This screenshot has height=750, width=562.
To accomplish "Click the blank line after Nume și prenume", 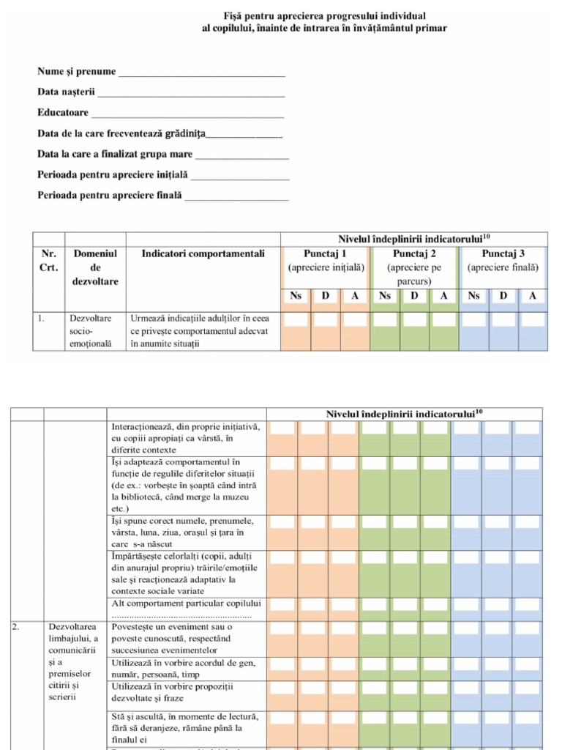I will pos(201,74).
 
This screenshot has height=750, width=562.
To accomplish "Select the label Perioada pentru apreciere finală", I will pos(110,196).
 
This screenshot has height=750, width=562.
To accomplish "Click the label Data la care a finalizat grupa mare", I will pos(115,155).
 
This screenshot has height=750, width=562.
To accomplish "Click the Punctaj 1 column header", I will pos(326,254).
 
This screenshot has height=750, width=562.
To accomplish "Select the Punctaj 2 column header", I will pos(414,254).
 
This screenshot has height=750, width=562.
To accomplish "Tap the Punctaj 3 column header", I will pos(503,254).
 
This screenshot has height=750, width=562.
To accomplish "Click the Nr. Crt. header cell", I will pos(48,261).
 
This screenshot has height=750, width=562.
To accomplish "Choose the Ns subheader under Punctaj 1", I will pos(296,296).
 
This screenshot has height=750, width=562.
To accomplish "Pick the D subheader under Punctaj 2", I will pos(414,296).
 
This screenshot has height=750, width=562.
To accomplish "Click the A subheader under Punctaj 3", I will pos(533,296).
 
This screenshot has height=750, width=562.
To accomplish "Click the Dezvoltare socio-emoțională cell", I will pos(91,331).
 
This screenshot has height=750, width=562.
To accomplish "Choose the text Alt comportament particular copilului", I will pos(186,604).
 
